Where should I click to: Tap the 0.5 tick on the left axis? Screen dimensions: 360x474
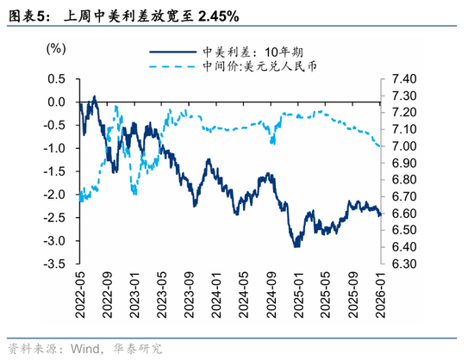[56, 78]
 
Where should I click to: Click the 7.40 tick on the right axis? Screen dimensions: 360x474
[404, 78]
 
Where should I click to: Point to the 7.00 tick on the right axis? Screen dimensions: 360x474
[404, 146]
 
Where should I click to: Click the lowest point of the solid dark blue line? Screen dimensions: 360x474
[296, 246]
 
